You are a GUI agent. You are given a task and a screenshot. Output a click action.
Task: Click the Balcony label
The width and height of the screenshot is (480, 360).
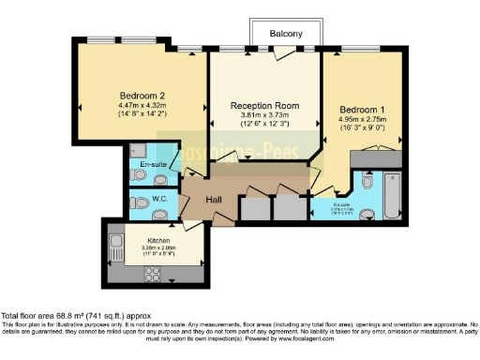286,34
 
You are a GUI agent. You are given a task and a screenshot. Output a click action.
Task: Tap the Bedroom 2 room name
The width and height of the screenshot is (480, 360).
142,95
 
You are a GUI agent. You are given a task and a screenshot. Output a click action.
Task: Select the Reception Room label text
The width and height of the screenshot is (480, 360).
263,107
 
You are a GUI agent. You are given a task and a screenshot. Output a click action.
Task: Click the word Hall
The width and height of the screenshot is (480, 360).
215,200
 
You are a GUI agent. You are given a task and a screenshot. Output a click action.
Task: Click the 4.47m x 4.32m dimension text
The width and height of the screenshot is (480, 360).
142,106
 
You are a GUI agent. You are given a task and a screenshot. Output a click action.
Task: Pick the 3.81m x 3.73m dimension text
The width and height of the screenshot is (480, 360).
263,118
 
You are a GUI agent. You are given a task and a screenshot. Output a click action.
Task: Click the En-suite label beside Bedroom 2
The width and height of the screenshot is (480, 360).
154,165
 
